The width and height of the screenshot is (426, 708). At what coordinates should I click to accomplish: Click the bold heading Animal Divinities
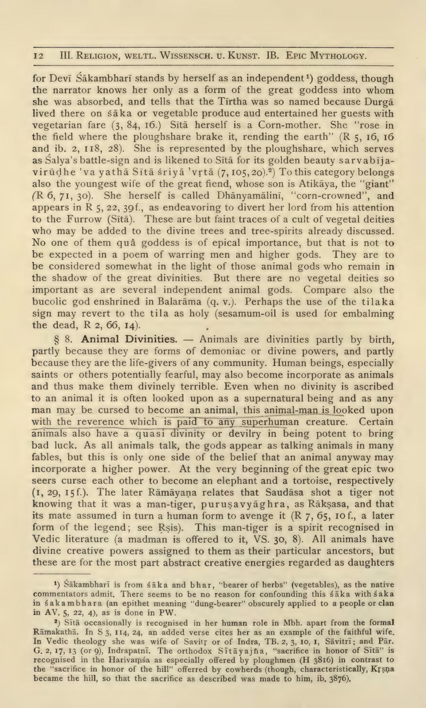129,340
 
